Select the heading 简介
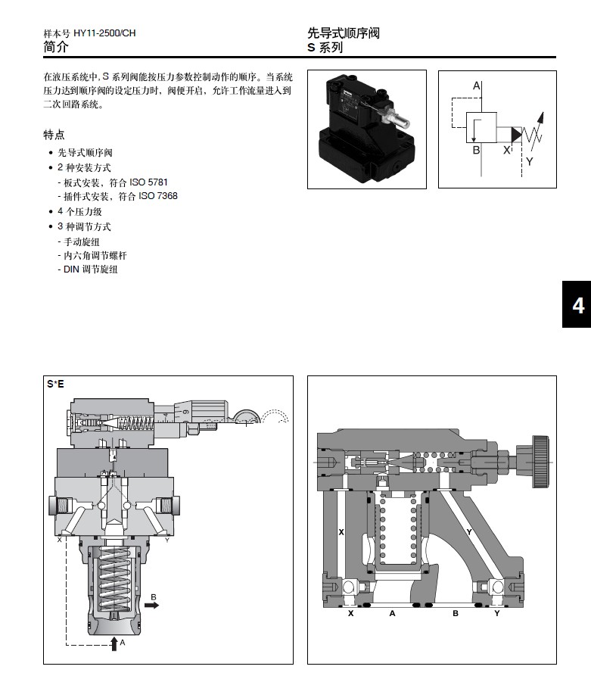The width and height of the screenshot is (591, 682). point(56,47)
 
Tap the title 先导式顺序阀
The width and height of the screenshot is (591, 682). point(343,33)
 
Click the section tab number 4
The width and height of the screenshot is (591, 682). point(577,306)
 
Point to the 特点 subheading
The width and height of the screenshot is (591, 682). point(54,135)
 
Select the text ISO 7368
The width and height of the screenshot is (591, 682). point(160,196)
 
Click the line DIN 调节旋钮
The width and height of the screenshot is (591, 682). point(90,269)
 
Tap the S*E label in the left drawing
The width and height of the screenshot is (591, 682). point(55,384)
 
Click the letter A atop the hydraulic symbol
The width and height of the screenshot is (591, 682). point(477,86)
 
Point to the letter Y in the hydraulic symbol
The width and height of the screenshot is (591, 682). point(529,161)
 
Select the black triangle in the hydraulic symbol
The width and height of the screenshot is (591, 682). point(515,135)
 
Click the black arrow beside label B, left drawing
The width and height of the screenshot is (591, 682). point(153,606)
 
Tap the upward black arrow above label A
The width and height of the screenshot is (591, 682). point(114,642)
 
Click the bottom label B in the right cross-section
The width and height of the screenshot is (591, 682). point(456,613)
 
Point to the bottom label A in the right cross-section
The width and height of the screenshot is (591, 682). point(392,613)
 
